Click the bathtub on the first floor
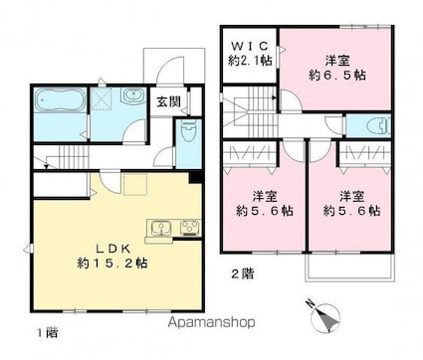tap(60, 99)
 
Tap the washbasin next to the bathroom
tap(133, 96)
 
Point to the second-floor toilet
tap(379, 125)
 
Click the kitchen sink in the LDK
tap(161, 229)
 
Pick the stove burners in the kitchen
tap(190, 229)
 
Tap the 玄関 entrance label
tap(168, 102)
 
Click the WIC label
tap(250, 45)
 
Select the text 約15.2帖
tap(112, 264)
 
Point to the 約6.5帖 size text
tap(337, 76)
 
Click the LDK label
tap(112, 248)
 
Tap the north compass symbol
tap(325, 316)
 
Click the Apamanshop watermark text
tap(211, 322)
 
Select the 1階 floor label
tap(48, 332)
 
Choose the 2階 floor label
tap(243, 273)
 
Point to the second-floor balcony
tap(350, 268)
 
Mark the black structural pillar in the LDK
tap(195, 177)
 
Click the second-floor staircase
tap(250, 111)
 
